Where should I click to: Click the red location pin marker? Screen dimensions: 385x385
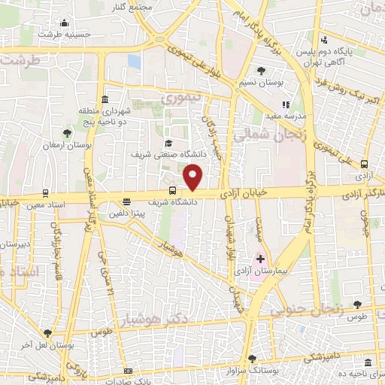coord(194,177)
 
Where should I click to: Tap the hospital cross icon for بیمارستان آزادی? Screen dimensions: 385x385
coord(260,258)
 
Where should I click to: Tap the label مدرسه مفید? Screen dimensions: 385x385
coord(282,117)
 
